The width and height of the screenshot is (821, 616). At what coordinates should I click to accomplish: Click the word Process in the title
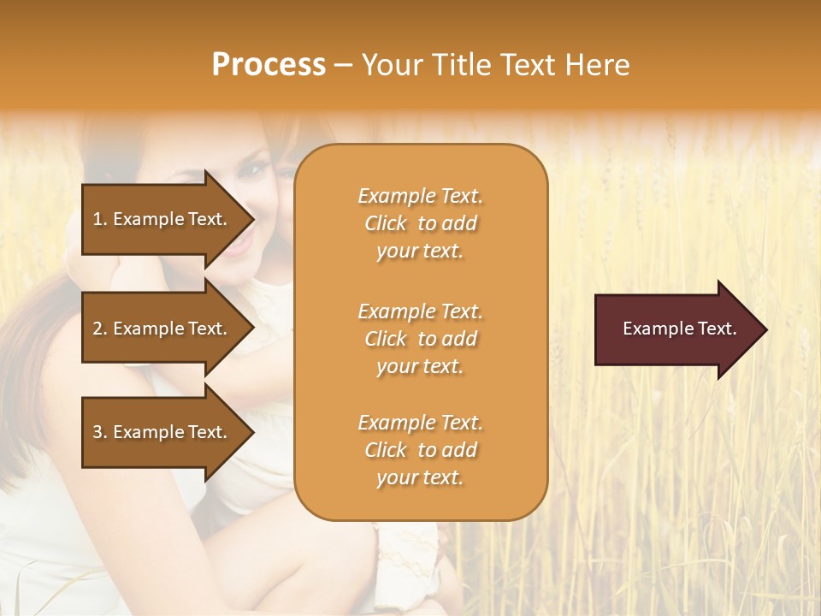(269, 65)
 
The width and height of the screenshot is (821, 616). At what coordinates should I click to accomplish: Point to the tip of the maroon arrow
(764, 329)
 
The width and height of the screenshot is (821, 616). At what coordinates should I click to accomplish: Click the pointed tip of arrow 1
(251, 219)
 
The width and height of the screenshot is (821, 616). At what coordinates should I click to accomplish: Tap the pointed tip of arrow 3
(251, 432)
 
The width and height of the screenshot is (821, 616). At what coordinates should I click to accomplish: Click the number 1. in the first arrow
(100, 219)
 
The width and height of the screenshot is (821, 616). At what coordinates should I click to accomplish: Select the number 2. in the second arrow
(100, 329)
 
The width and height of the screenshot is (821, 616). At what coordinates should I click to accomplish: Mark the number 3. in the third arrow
(100, 432)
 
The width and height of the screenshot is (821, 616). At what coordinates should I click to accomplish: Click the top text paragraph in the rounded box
(421, 223)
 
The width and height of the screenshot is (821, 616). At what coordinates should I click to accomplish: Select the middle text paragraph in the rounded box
(421, 339)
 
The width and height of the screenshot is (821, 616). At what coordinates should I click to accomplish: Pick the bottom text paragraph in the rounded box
(421, 450)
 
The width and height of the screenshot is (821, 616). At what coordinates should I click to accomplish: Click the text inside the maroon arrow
(680, 329)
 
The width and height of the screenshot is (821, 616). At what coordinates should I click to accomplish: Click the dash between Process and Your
(344, 66)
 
